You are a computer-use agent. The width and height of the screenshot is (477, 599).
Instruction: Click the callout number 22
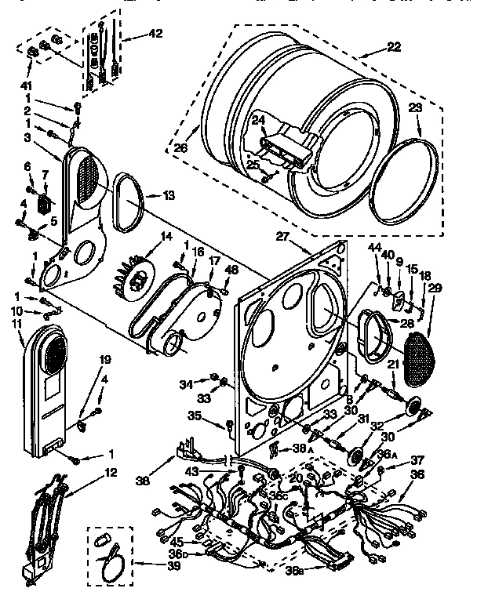[393, 47]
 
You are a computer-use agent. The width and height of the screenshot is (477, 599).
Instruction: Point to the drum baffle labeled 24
[286, 146]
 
